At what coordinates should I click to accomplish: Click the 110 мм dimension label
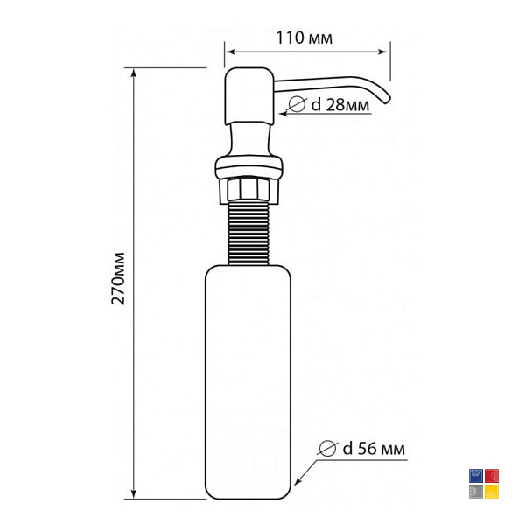(x=304, y=38)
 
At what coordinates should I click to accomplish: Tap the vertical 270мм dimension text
(x=118, y=278)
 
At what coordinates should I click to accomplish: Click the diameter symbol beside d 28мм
(x=297, y=104)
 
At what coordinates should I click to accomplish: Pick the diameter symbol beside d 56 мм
(x=327, y=448)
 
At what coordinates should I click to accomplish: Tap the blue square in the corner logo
(x=476, y=476)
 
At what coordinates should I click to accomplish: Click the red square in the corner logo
(x=492, y=476)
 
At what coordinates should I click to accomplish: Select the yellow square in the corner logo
(x=492, y=492)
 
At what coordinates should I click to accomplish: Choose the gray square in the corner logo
(x=476, y=492)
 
